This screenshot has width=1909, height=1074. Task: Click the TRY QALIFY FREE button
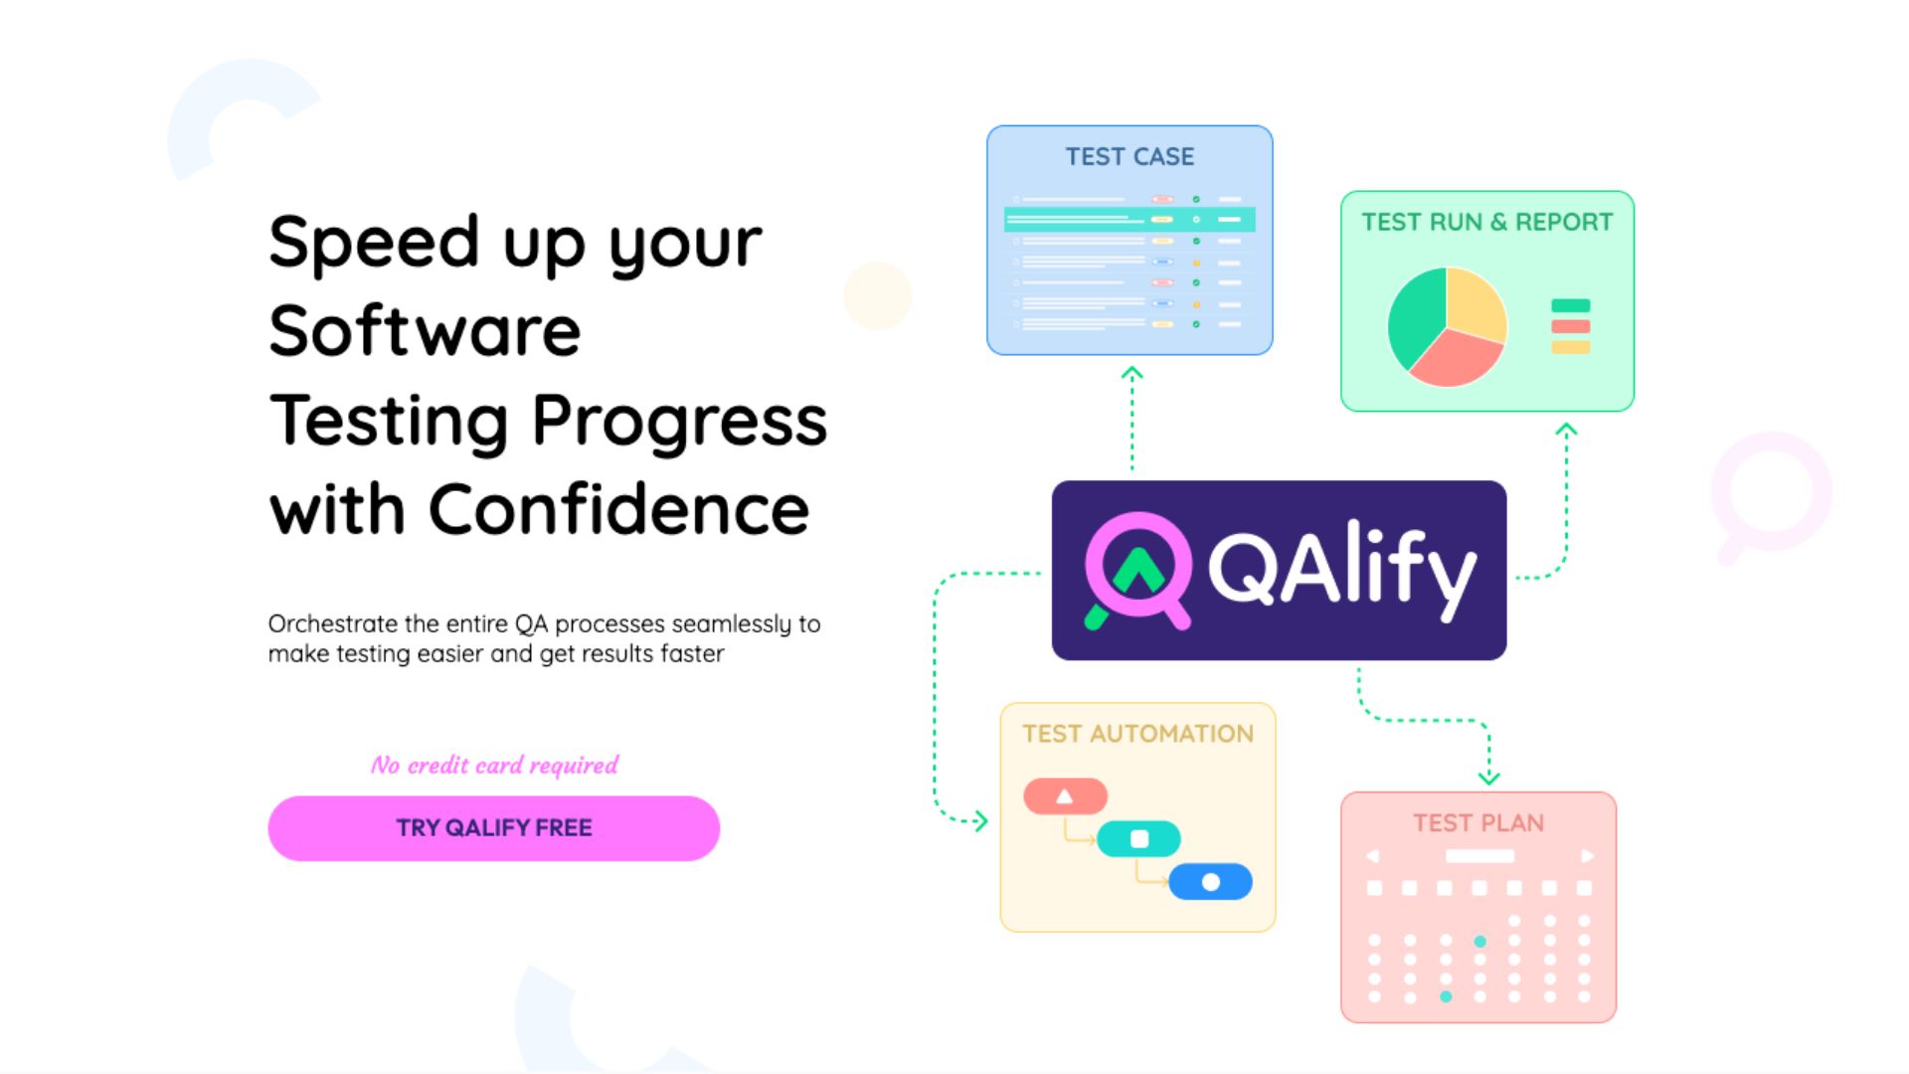pos(493,828)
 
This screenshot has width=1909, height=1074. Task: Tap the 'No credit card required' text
pos(494,765)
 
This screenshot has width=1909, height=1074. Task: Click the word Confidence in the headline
pos(618,509)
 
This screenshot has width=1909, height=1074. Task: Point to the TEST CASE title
pos(1129,157)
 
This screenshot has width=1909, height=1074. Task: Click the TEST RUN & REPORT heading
pos(1486,222)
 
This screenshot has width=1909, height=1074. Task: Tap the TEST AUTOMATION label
pos(1137,734)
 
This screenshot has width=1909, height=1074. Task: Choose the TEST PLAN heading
pos(1478,823)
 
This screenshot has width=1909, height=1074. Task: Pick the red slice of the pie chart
pos(1455,359)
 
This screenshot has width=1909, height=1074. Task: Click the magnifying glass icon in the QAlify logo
pos(1137,569)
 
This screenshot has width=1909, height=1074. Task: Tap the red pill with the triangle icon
pos(1065,797)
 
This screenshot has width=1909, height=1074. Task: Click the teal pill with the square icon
pos(1138,839)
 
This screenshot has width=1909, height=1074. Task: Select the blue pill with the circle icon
pos(1210,882)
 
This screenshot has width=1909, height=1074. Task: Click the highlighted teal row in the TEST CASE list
pos(1129,219)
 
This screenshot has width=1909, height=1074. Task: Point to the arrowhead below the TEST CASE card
pos(1131,374)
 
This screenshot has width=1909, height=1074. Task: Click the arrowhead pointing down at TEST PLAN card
pos(1488,777)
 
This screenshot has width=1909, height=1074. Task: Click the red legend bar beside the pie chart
pos(1570,326)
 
